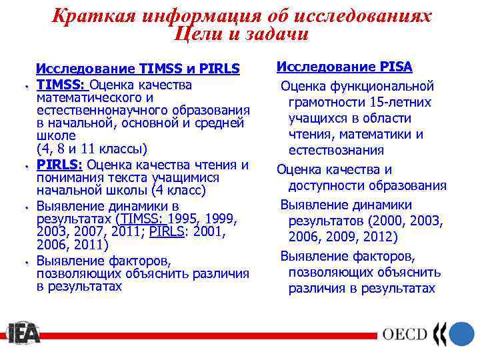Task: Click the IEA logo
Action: pyautogui.click(x=23, y=333)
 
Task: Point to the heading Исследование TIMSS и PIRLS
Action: pyautogui.click(x=137, y=69)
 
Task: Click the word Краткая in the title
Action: pyautogui.click(x=85, y=15)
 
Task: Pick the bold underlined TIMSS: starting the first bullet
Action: pyautogui.click(x=61, y=85)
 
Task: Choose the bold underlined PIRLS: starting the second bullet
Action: pyautogui.click(x=59, y=165)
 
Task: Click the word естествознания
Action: pyautogui.click(x=336, y=151)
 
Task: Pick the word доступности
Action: pyautogui.click(x=326, y=186)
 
